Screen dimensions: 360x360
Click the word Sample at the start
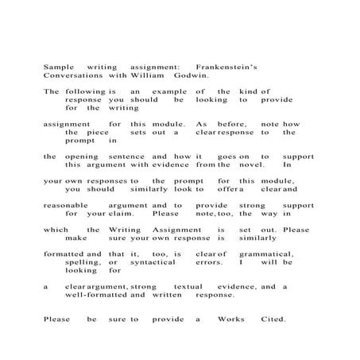tap(58, 68)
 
